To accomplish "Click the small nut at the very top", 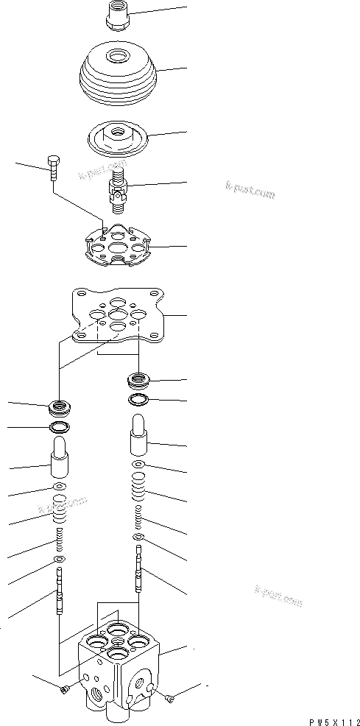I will click(117, 15).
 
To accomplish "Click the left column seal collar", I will click(59, 406).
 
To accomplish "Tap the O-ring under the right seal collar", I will click(138, 400).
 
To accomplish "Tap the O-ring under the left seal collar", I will click(59, 427).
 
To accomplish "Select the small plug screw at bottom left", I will click(65, 688).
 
